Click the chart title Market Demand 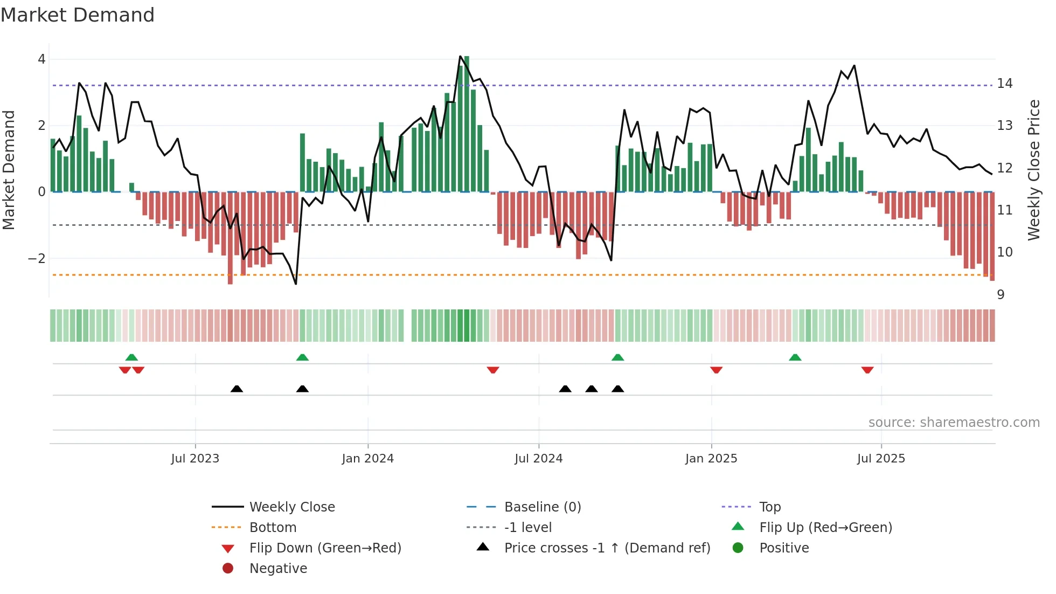tap(78, 15)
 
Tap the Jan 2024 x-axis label tap(367, 458)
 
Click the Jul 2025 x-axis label tap(881, 458)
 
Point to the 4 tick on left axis tap(41, 59)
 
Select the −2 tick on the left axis tap(37, 258)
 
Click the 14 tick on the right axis tap(1004, 84)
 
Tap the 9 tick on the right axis tap(1001, 294)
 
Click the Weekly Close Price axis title tap(1033, 170)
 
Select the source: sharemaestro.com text tap(954, 422)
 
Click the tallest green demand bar tap(467, 124)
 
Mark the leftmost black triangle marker tap(237, 389)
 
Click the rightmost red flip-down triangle tap(867, 370)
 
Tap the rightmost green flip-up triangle tap(795, 357)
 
